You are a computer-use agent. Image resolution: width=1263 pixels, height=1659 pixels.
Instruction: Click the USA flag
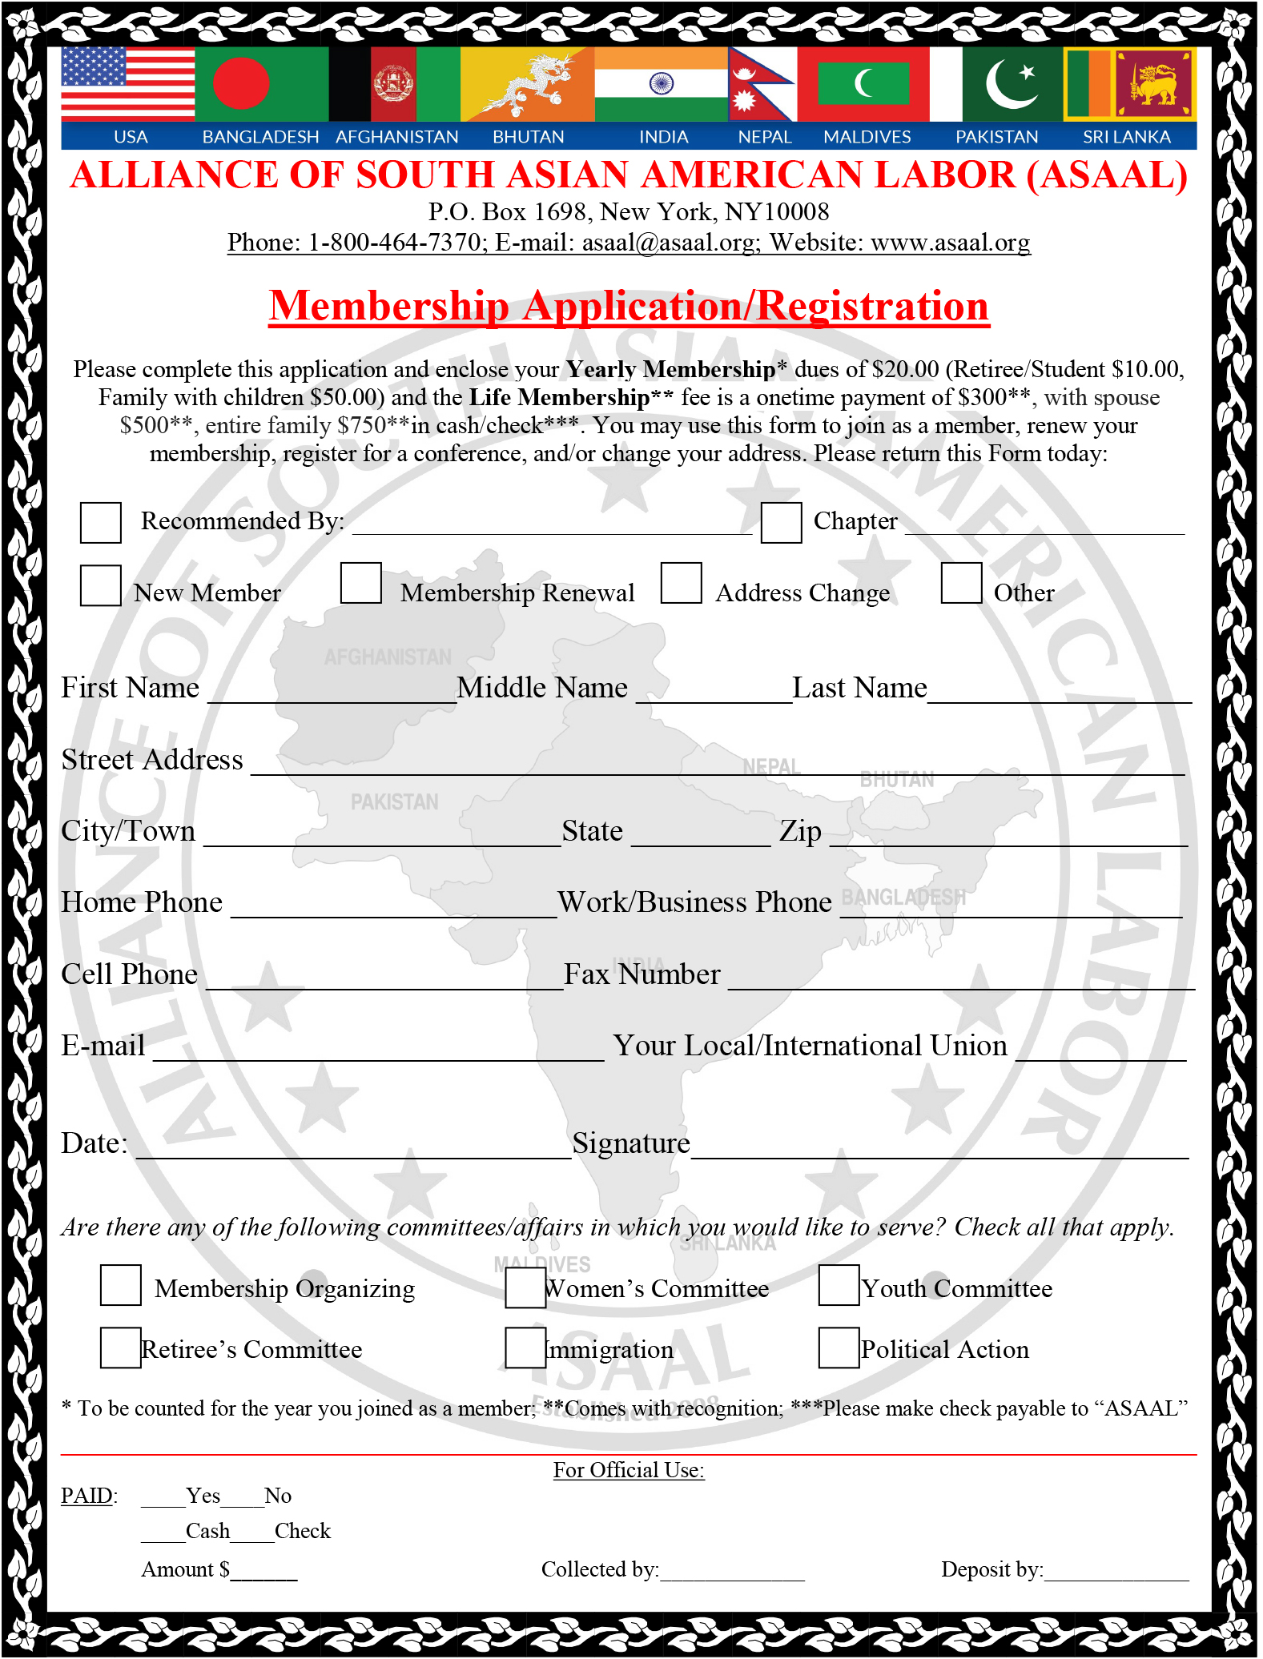(127, 83)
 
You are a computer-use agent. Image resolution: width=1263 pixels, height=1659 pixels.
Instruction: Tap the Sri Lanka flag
(1130, 83)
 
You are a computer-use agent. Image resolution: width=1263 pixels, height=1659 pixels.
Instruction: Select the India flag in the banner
(661, 83)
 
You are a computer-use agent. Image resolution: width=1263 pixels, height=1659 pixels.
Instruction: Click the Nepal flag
(760, 83)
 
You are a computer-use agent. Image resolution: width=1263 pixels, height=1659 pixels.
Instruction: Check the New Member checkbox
(101, 585)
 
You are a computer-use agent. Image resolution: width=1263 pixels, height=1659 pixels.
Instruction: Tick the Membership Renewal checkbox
(361, 583)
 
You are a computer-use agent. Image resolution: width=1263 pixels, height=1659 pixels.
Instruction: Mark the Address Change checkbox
(682, 583)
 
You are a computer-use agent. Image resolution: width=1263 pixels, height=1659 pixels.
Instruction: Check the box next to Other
(962, 583)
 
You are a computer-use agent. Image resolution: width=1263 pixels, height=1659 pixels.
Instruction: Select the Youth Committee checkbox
(839, 1286)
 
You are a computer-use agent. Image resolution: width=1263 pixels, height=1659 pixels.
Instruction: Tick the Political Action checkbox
(839, 1348)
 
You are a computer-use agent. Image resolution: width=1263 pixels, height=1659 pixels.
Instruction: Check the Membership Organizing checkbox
(121, 1286)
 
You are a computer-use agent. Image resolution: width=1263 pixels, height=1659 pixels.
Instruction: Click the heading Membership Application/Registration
(629, 307)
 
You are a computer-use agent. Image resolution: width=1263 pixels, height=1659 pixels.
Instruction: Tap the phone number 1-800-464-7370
(394, 243)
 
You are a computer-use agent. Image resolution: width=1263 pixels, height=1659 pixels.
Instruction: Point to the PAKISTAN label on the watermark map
(395, 802)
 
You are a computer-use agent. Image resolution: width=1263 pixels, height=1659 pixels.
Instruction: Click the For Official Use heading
(629, 1470)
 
